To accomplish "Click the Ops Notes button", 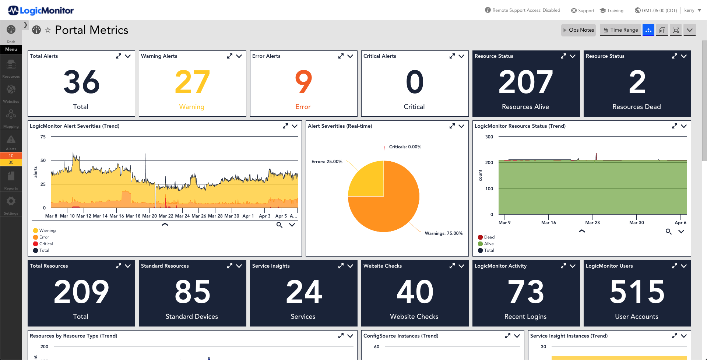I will (578, 30).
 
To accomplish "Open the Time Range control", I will (620, 30).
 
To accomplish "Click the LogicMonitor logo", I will (41, 11).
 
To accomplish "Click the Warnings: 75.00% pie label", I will (443, 233).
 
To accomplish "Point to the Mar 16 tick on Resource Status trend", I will (548, 223).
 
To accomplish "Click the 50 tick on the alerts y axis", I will (43, 160).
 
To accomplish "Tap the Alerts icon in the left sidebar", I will (11, 142).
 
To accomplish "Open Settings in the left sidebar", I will (11, 204).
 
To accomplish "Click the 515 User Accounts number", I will (637, 292).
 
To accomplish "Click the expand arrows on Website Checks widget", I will (452, 266).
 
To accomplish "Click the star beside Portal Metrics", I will (48, 30).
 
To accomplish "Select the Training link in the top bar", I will (612, 11).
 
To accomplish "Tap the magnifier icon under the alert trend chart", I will (279, 225).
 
